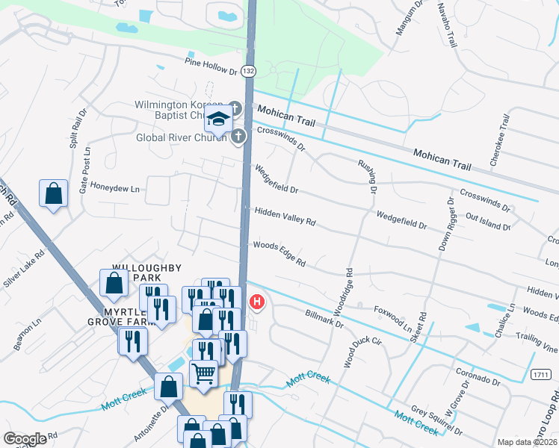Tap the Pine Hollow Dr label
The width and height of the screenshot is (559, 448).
click(x=211, y=66)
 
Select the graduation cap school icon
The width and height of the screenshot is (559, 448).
click(x=217, y=119)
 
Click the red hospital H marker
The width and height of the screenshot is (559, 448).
click(x=256, y=302)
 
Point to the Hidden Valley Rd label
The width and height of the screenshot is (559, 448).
click(x=285, y=217)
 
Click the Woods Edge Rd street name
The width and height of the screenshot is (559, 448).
click(x=279, y=253)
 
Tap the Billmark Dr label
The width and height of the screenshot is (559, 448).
click(x=324, y=319)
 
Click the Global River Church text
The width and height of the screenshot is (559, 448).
click(x=180, y=137)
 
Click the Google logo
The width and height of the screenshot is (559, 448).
click(x=25, y=439)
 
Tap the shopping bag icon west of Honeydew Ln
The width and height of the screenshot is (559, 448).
click(x=54, y=194)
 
